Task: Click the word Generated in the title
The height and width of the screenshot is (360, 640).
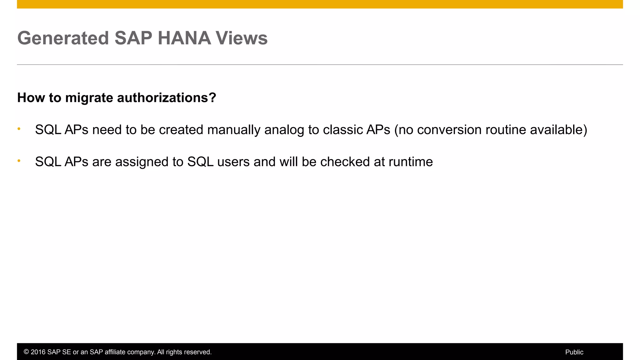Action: click(63, 38)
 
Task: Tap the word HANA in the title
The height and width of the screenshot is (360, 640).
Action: click(184, 38)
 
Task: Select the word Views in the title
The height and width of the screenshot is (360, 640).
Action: click(242, 38)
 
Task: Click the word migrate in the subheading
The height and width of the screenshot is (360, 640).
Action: click(89, 98)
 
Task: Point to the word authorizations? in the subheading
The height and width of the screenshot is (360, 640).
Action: click(167, 98)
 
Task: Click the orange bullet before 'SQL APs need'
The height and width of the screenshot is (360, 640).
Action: click(19, 129)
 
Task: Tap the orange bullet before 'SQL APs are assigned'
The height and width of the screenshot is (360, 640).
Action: click(19, 161)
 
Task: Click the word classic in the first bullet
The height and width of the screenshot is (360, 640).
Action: click(342, 130)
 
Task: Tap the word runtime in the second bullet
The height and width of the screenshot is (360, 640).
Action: click(411, 162)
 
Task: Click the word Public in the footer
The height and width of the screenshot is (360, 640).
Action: click(574, 352)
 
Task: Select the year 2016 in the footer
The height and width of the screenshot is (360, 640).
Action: click(38, 352)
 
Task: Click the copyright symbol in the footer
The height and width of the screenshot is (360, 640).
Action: click(26, 352)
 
